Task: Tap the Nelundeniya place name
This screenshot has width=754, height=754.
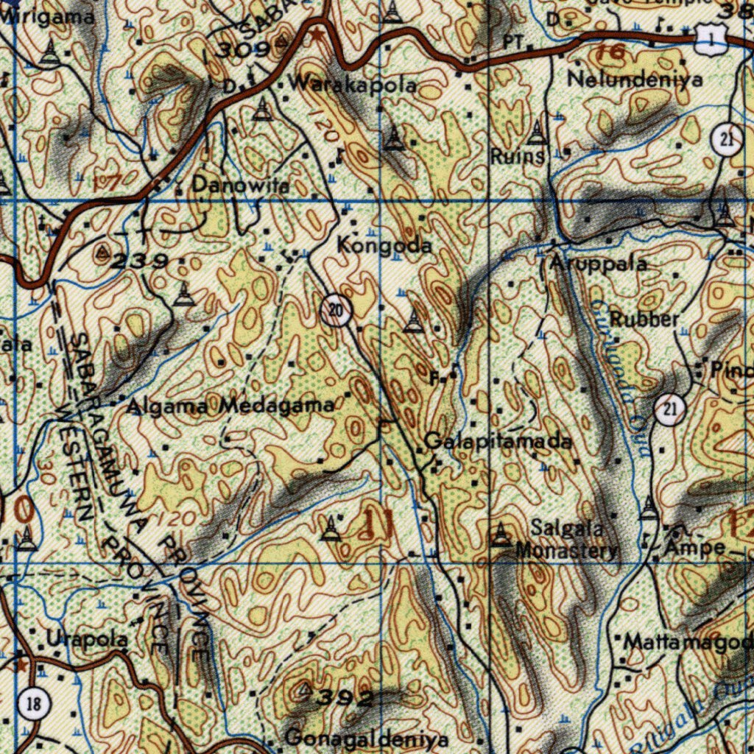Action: tap(635, 79)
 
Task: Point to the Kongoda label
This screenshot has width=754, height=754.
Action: tap(384, 246)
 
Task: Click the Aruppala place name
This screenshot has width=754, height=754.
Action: tap(597, 264)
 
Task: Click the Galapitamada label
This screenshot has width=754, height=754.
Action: tap(498, 442)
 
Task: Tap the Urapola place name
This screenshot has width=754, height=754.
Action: tap(86, 638)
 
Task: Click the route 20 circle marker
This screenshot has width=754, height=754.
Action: tap(336, 310)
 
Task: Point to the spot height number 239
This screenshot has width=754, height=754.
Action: tap(144, 260)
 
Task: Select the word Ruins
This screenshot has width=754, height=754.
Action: tap(518, 156)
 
